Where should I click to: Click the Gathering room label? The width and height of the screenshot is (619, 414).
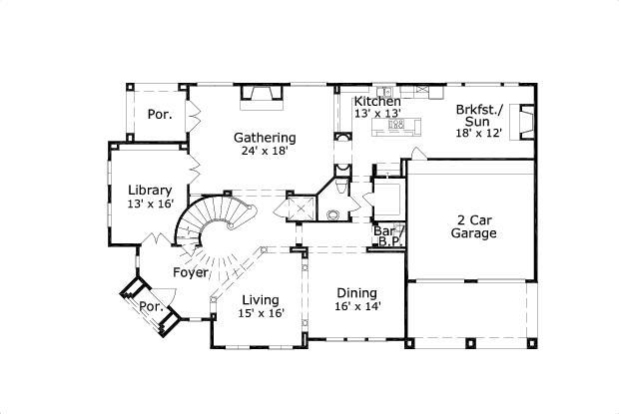point(265,138)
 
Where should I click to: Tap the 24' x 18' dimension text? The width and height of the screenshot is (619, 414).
point(264,151)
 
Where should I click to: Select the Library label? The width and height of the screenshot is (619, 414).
point(150,191)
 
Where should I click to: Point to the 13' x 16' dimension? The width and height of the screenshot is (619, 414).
point(151,204)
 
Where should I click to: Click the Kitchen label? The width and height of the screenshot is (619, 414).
point(377,102)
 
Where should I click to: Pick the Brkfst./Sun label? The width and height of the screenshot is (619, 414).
point(479,115)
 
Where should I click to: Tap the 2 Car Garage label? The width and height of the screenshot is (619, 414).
point(473,226)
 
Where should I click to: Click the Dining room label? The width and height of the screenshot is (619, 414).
point(356,293)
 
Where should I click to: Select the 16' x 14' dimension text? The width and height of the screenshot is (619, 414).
point(357,306)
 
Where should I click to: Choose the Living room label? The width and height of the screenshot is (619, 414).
point(261,300)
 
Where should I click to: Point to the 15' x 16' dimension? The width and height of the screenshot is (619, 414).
point(261,313)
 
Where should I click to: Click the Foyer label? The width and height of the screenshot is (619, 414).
point(191,272)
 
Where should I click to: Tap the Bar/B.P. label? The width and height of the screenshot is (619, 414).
point(388,235)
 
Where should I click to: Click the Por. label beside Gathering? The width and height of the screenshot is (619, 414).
point(160,115)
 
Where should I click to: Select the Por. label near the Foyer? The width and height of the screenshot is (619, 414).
point(151,306)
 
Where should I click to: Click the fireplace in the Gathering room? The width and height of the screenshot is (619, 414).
point(262,98)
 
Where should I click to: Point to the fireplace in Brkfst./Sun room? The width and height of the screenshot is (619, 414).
point(521,122)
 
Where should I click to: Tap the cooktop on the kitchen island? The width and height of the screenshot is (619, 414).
point(396,125)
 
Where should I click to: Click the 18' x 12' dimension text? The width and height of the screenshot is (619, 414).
point(479,133)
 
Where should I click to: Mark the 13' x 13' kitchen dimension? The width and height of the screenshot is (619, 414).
point(377,114)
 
